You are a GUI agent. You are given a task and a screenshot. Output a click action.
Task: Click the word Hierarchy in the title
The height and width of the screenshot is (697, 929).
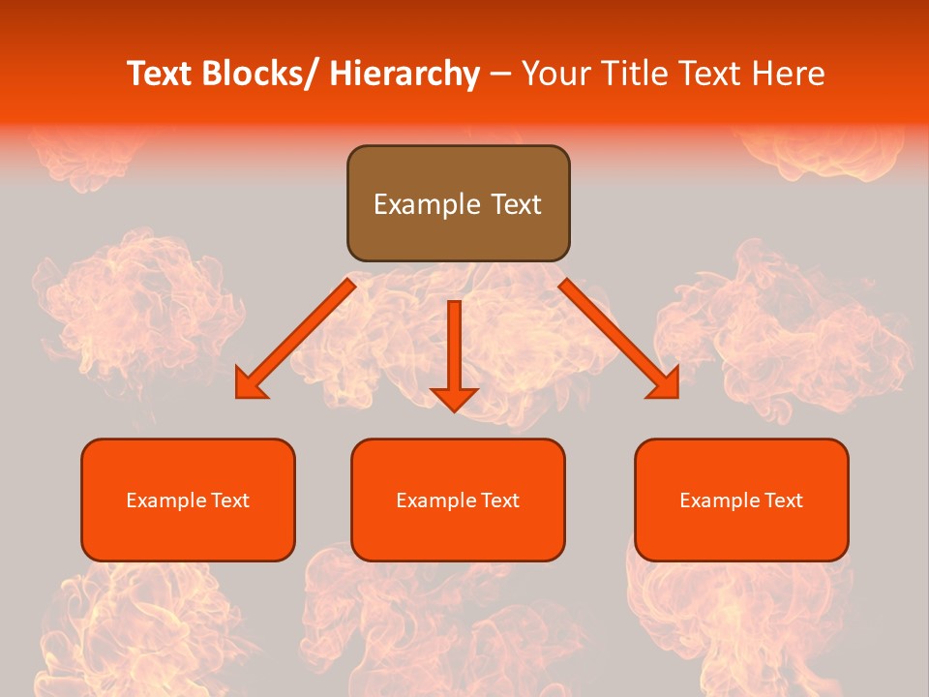(x=404, y=74)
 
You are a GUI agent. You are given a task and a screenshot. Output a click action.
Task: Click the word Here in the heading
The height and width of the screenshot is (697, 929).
(x=787, y=74)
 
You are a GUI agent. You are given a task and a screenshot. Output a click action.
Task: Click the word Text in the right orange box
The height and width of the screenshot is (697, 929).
(x=782, y=500)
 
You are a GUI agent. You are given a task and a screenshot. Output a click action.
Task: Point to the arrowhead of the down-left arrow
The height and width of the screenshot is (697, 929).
(x=249, y=385)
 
